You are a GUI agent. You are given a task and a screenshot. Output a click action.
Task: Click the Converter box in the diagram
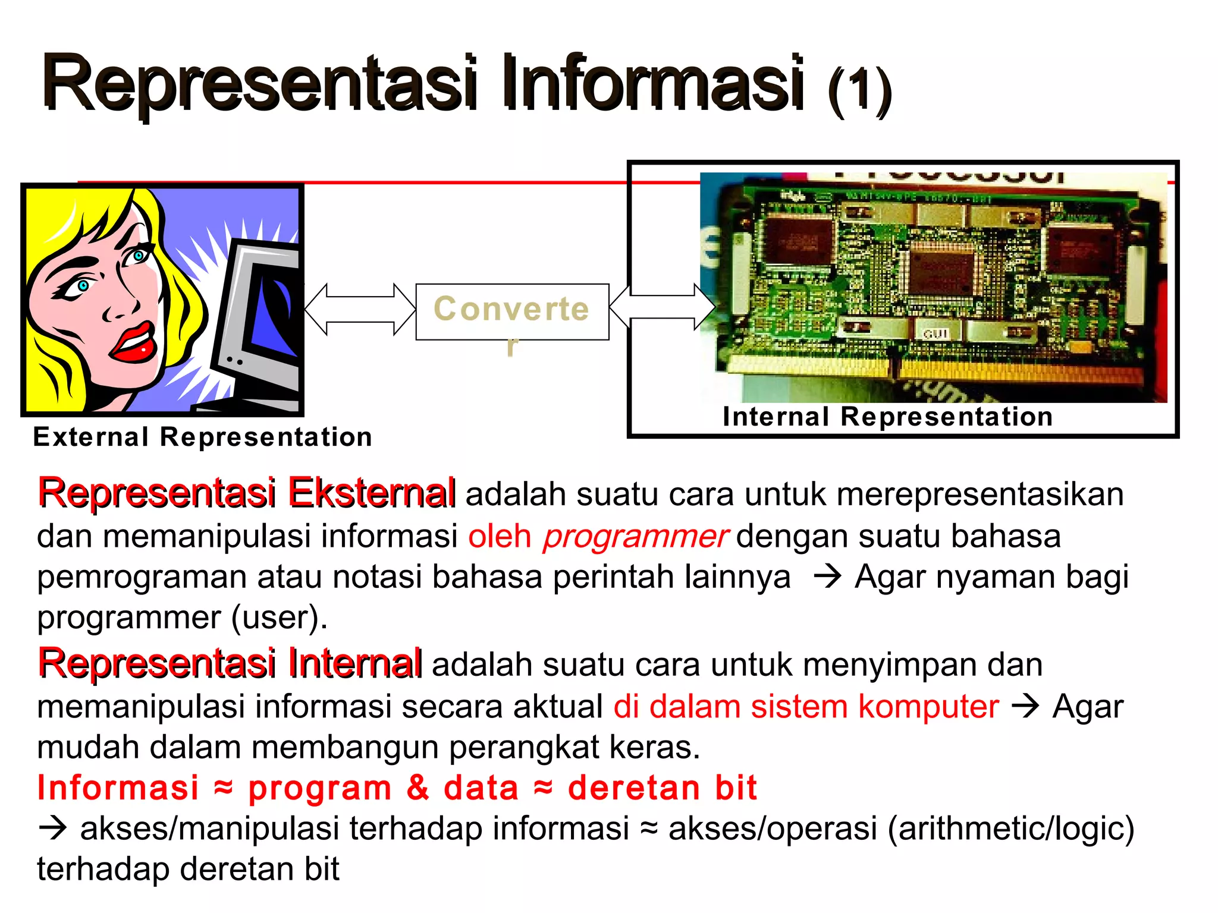coord(511,311)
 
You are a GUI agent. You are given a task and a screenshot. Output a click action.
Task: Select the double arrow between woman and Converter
coord(360,309)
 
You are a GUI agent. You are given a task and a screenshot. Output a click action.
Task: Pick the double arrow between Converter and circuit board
coord(662,307)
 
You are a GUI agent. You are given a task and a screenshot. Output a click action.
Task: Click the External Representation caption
coord(202,437)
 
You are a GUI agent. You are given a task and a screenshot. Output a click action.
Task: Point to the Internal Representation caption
coord(887,417)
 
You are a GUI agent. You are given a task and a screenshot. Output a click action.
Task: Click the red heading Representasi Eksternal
coord(246,493)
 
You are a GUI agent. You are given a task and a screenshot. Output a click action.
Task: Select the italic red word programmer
coord(635,536)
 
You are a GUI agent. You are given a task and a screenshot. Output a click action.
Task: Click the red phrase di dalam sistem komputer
coord(806,707)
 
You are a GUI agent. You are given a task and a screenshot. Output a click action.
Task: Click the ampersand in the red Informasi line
coord(417,788)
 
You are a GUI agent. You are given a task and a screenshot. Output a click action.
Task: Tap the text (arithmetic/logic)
coord(1010,829)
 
